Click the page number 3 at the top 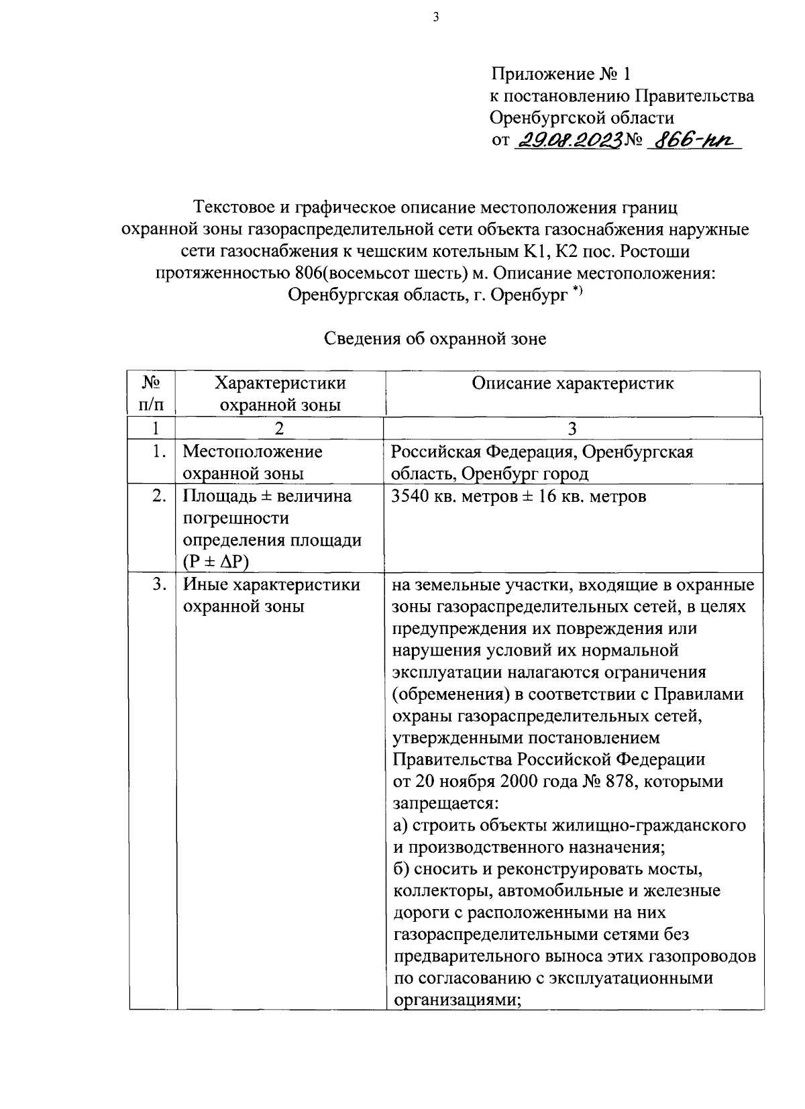[435, 18]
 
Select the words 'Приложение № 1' [561, 73]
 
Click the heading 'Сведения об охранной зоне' [435, 339]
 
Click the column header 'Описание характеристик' [573, 383]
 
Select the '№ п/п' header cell [152, 394]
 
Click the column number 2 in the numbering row [279, 429]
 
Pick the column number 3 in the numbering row [572, 429]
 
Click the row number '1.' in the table [159, 452]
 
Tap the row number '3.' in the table [159, 585]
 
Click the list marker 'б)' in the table [400, 869]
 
